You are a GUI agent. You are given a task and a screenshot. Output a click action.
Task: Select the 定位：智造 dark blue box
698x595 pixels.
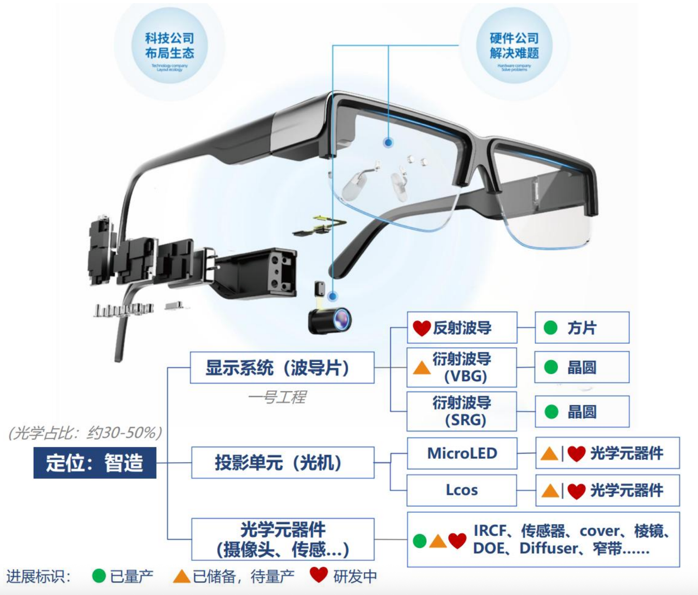95,463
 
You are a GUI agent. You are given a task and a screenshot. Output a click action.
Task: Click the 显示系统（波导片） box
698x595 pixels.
282,367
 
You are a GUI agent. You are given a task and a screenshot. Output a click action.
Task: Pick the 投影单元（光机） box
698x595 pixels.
282,462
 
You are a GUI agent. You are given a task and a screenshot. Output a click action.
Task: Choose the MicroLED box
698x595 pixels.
462,453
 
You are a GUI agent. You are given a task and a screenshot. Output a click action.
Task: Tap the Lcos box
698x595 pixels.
462,490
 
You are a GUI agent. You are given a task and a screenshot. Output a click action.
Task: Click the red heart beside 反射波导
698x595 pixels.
422,328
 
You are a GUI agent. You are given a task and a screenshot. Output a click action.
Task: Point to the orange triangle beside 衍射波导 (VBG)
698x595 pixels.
422,368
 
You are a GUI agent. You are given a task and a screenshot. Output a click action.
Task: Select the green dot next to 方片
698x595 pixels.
550,328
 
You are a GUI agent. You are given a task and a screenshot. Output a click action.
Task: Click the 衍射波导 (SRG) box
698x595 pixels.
462,411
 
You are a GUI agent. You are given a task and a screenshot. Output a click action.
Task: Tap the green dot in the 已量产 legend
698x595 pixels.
99,576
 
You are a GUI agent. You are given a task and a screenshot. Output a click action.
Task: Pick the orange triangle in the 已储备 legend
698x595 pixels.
182,577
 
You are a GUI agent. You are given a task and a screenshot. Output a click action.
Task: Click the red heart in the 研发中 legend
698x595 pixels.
318,575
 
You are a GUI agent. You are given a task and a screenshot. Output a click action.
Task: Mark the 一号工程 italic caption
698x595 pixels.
277,397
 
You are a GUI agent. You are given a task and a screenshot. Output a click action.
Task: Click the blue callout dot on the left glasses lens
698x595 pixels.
388,143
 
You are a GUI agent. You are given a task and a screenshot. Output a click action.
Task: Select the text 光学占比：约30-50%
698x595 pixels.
85,433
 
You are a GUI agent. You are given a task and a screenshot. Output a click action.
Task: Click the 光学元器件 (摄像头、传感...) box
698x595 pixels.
282,539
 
